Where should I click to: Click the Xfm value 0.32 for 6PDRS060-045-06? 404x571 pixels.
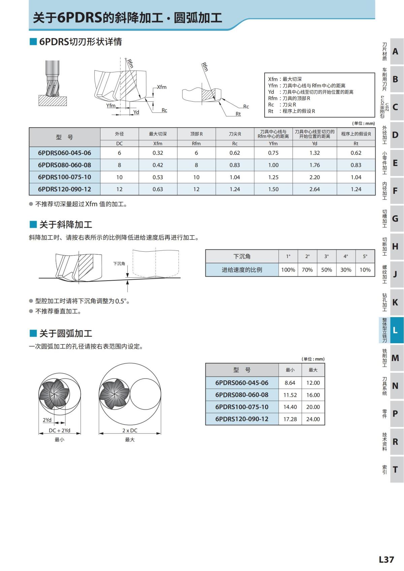coord(158,153)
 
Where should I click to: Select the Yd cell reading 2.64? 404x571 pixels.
coord(314,189)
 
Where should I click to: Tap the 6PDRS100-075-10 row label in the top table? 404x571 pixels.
coord(64,177)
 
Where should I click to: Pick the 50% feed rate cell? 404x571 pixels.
coord(326,270)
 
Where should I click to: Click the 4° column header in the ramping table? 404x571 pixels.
coord(346,256)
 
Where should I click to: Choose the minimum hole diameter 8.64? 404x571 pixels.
coord(290,383)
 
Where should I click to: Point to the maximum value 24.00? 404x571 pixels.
coord(313,419)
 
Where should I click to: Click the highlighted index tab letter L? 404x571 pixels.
coord(395,330)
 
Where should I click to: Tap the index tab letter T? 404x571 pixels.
coord(395,470)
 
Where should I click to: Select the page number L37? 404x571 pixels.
coord(386,560)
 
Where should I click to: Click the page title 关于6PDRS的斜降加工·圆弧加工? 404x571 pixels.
coord(127,18)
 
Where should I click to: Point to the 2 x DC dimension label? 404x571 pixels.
coord(130,430)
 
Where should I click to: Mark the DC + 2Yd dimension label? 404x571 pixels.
coord(60,430)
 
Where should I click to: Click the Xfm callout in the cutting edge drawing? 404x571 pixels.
coord(162,87)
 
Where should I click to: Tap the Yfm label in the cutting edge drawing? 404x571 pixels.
coord(111,106)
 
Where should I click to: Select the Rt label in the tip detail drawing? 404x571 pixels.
coord(238,114)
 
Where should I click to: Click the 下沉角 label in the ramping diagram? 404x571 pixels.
coord(119,263)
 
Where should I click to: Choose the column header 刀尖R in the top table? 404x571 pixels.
coord(235,134)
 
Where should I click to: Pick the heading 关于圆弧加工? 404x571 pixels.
coord(66,333)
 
